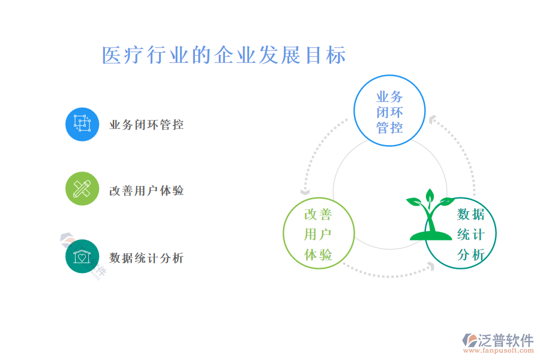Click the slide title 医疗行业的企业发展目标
[x=224, y=55]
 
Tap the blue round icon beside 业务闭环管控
[x=82, y=124]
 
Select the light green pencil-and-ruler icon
[x=82, y=189]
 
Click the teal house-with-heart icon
[x=82, y=256]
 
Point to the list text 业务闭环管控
[x=146, y=125]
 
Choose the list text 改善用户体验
[x=146, y=191]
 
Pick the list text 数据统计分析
[x=146, y=257]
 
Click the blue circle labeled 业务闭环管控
[x=389, y=110]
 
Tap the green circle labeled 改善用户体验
[x=319, y=233]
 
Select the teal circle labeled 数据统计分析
[x=460, y=233]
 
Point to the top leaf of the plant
[x=430, y=196]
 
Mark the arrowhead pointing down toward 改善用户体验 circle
[x=305, y=191]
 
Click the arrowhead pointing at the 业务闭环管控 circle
[x=433, y=119]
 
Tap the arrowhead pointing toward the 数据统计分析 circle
[x=430, y=266]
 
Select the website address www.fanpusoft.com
[x=499, y=350]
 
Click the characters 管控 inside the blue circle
[x=389, y=128]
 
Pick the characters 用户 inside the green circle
[x=318, y=234]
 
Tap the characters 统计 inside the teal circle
[x=471, y=235]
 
